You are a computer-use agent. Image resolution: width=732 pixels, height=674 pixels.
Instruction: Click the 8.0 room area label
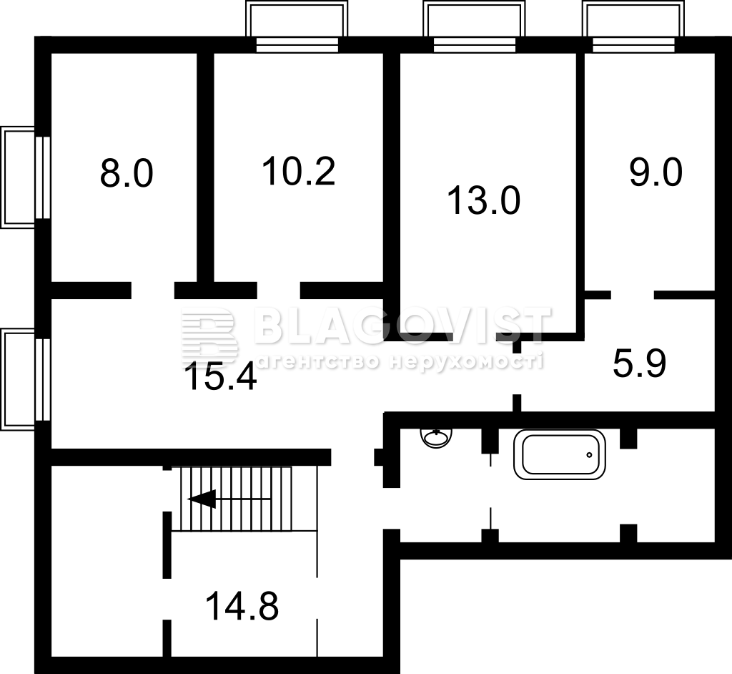127,173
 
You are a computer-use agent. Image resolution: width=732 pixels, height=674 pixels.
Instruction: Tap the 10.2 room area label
298,171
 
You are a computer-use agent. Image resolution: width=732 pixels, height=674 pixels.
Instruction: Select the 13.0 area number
484,200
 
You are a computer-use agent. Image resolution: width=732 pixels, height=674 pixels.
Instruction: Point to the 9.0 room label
656,172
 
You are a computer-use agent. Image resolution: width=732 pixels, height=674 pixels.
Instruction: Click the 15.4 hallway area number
220,377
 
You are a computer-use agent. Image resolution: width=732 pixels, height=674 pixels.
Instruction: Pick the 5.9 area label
639,363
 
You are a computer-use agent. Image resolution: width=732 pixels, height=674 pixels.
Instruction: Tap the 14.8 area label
242,606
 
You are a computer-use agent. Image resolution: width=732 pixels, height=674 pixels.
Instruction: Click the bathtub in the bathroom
559,455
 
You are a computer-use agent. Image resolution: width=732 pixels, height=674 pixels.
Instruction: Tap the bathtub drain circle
589,455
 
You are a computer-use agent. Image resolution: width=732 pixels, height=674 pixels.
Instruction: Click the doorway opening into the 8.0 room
153,290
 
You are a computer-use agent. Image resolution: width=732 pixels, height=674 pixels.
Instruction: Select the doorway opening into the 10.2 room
278,290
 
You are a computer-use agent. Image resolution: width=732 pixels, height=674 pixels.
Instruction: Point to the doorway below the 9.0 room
632,295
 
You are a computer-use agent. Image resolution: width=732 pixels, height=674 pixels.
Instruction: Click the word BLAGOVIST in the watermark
402,324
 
